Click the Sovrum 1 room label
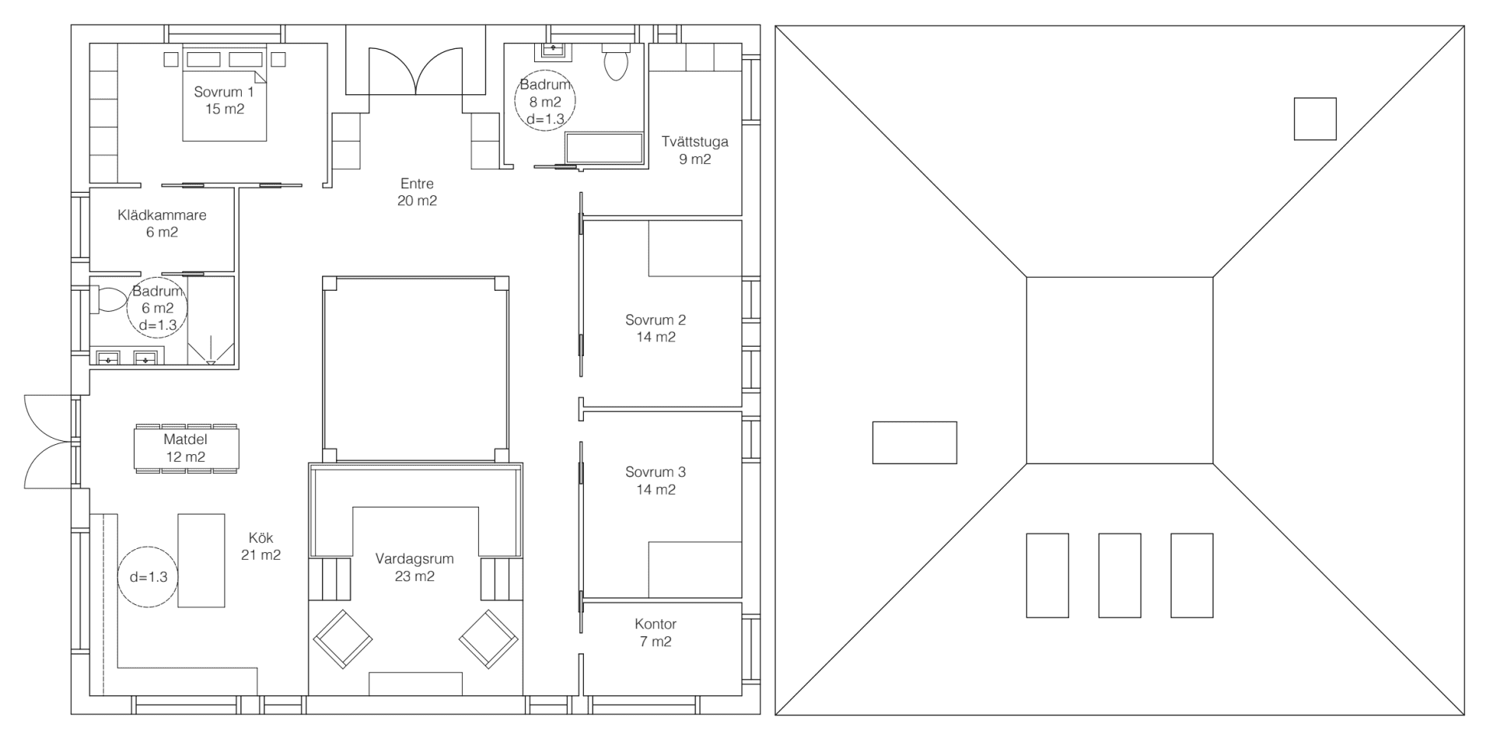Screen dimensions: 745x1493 coord(224,93)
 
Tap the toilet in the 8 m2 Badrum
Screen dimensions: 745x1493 coord(616,61)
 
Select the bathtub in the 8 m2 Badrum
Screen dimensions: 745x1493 coord(603,149)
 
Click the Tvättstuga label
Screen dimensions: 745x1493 coord(694,142)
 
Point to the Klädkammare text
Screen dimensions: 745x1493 coord(162,215)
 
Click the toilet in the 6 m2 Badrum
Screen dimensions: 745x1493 coord(109,299)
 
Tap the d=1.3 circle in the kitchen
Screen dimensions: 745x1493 coord(149,577)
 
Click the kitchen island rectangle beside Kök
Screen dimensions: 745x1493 coord(201,560)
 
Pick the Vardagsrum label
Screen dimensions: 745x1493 coord(414,559)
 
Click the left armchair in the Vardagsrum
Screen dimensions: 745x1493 coord(342,639)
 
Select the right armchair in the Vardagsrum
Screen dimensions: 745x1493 coord(488,639)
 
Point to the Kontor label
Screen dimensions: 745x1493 coord(655,624)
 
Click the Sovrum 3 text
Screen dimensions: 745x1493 coord(655,472)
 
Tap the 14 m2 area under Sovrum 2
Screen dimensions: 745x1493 coord(655,338)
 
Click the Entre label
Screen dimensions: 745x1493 coord(417,184)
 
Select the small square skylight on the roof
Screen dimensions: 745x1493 coord(1315,119)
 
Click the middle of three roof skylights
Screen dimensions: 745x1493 coord(1120,575)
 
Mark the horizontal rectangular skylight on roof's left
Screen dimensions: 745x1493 coord(914,442)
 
